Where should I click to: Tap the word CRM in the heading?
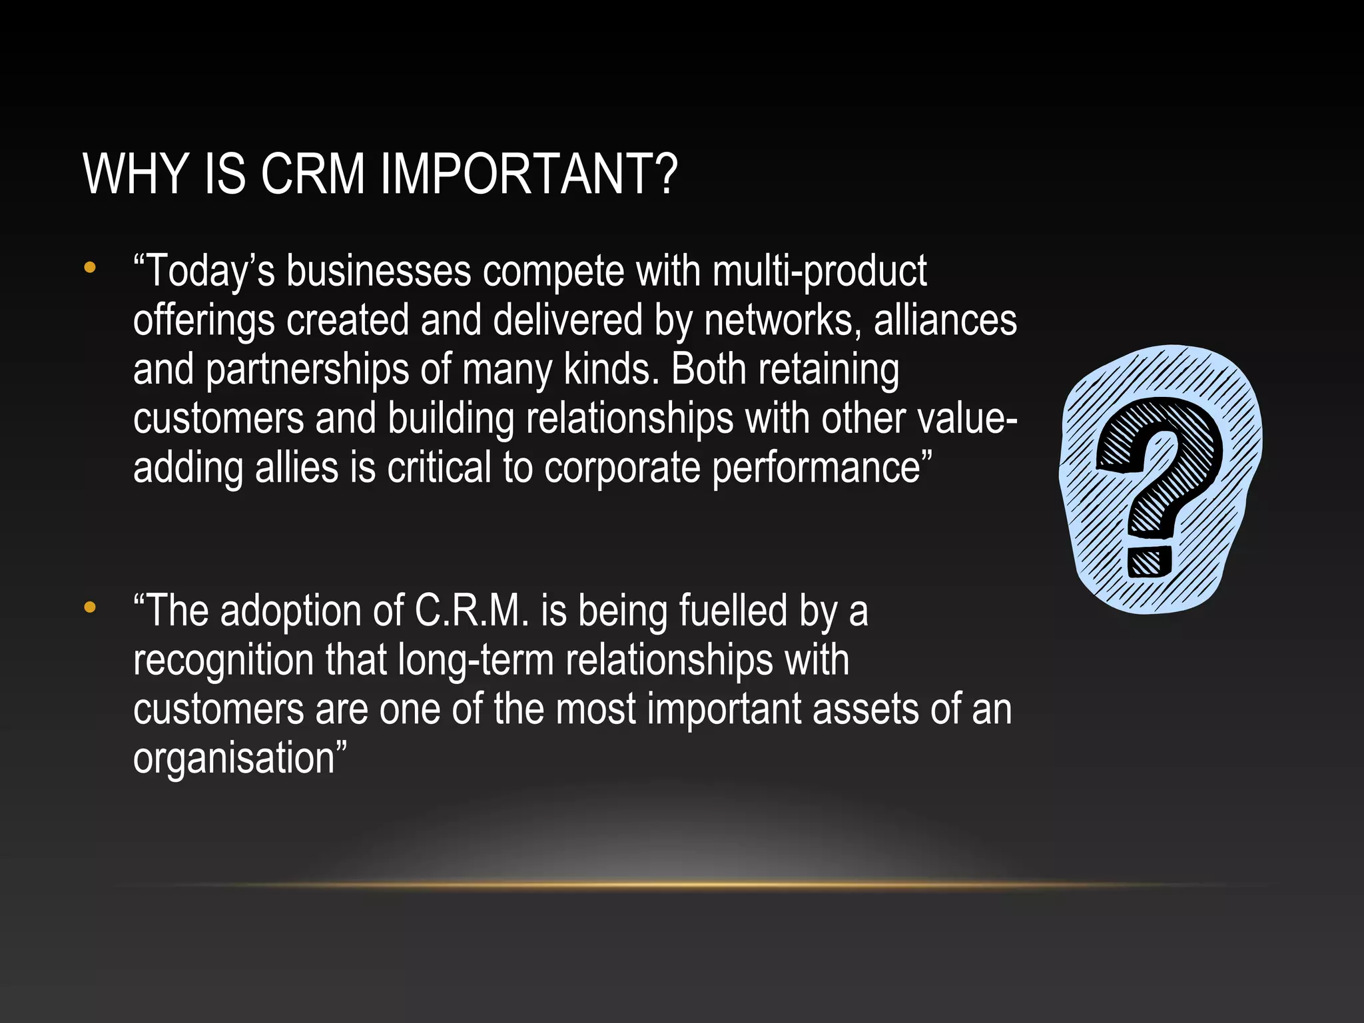pyautogui.click(x=313, y=174)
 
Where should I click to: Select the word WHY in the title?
pyautogui.click(x=135, y=174)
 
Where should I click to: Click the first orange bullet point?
pyautogui.click(x=90, y=268)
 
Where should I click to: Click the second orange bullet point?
pyautogui.click(x=90, y=607)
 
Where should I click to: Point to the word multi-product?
pyautogui.click(x=819, y=272)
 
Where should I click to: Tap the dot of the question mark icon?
pyautogui.click(x=1150, y=561)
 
